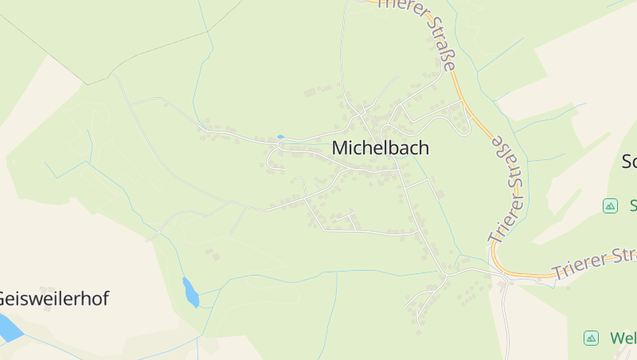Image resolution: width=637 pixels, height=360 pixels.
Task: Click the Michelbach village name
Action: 380,148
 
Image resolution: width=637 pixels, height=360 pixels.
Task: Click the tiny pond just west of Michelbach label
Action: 279,137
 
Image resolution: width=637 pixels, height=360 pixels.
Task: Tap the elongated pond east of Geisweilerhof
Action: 190,292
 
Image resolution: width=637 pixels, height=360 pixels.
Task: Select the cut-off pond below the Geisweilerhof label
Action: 7,327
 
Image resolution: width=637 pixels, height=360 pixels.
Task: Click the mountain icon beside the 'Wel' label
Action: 591,338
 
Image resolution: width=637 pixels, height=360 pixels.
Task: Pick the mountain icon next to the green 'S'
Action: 610,205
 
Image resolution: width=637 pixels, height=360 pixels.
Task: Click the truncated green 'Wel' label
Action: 623,338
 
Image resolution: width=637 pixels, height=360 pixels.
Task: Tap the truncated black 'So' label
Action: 628,162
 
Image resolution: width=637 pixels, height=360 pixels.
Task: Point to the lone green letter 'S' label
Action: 632,205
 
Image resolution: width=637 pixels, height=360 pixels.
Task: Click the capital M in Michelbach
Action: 339,148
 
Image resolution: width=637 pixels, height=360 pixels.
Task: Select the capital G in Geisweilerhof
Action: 3,299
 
